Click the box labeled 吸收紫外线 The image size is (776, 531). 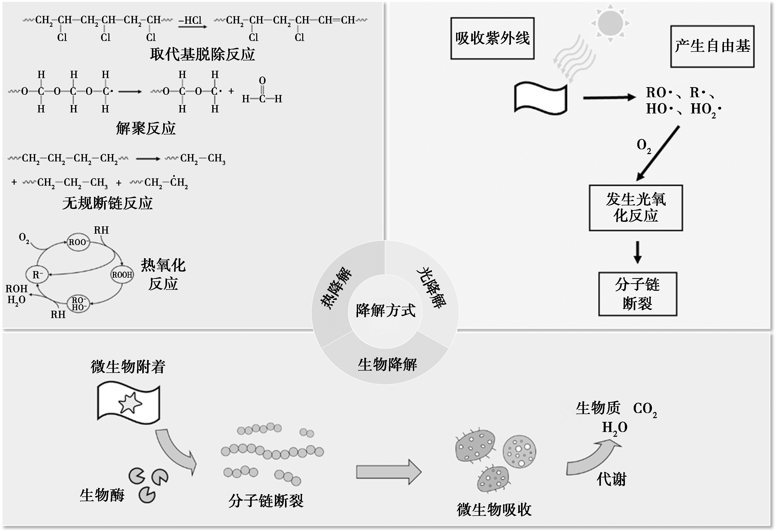tap(492, 38)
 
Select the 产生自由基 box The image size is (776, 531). tap(712, 46)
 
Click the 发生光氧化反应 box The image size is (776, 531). tap(636, 208)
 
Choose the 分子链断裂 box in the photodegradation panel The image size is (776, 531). tap(638, 294)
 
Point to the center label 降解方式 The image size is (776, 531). tap(385, 311)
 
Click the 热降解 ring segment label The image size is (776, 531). tap(336, 288)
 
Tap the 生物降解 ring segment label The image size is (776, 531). tap(387, 365)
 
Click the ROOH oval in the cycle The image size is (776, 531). tap(122, 275)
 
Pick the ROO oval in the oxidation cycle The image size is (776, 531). tap(78, 242)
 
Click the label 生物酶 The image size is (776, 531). tap(102, 495)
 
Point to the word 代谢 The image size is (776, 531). tap(612, 480)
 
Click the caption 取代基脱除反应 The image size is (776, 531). tap(202, 54)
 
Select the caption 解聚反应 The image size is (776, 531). tap(146, 128)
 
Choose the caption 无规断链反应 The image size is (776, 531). tap(108, 203)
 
